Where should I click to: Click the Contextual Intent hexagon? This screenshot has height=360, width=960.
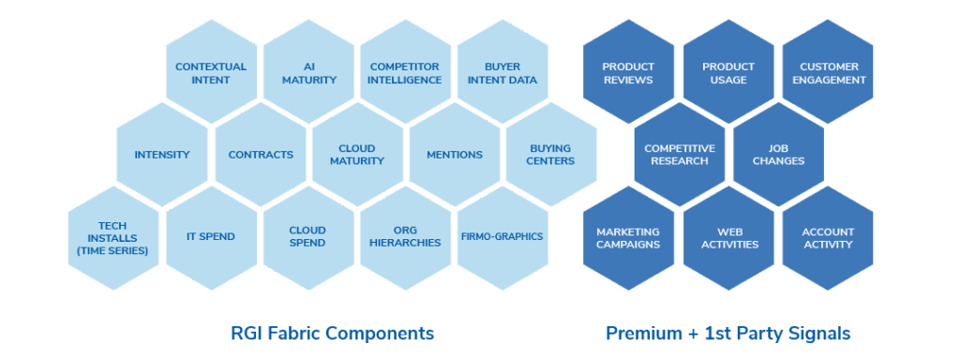click(x=211, y=73)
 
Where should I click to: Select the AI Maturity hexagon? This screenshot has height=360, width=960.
click(x=308, y=73)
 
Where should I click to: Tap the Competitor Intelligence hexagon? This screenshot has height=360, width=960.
click(x=405, y=73)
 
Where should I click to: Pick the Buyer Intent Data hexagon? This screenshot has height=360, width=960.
click(x=502, y=73)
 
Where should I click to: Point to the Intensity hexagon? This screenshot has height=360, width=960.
click(x=162, y=155)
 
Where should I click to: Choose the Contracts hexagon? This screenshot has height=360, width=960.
click(x=261, y=155)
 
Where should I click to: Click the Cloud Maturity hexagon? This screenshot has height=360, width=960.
click(x=357, y=155)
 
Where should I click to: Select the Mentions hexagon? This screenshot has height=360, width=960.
click(x=455, y=155)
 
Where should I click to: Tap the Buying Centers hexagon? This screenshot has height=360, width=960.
click(x=551, y=155)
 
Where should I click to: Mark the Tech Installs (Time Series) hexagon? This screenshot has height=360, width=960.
click(x=113, y=237)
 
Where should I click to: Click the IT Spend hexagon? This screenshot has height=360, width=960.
click(x=211, y=237)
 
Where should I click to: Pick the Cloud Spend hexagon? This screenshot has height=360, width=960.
click(x=307, y=237)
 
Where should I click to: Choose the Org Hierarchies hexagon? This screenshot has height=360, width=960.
click(x=405, y=237)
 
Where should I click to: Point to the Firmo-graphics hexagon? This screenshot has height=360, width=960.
click(x=502, y=237)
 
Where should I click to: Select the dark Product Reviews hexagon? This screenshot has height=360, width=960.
click(x=628, y=73)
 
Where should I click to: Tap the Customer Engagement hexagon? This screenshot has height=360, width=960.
click(x=829, y=73)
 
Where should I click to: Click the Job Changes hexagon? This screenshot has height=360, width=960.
click(x=778, y=155)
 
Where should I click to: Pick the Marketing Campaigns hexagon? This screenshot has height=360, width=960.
click(x=628, y=237)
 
